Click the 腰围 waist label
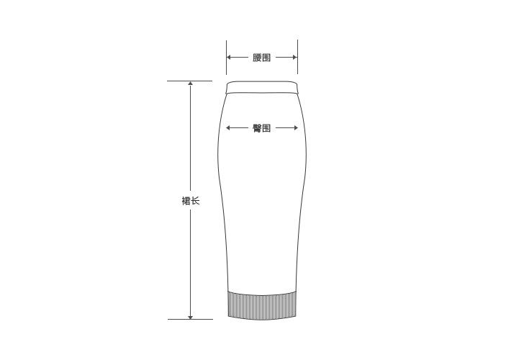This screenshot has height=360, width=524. (x=261, y=58)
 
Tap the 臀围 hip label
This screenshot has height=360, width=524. (x=261, y=128)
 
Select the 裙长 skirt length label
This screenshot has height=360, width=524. (x=191, y=201)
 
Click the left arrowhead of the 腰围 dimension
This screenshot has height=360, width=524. (x=229, y=57)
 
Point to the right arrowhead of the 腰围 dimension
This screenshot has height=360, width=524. (x=295, y=57)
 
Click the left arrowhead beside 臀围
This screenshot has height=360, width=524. (x=228, y=127)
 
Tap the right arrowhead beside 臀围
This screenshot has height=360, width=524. (x=295, y=127)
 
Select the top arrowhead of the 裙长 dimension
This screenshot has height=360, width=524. (x=191, y=84)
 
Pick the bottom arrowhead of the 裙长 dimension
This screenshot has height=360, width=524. (x=191, y=317)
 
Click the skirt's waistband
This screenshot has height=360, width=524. (x=262, y=87)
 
